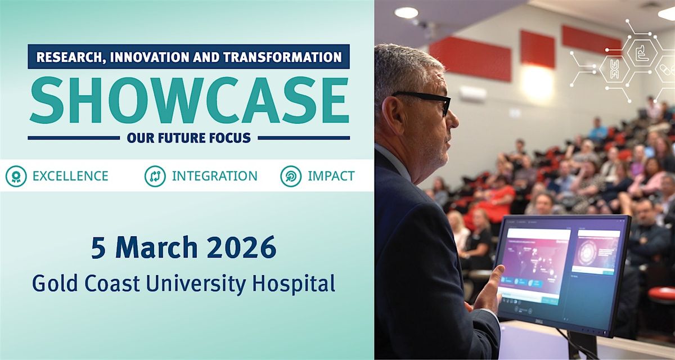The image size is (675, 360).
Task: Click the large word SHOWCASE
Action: click(x=188, y=101)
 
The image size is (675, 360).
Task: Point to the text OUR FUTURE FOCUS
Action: click(x=188, y=137)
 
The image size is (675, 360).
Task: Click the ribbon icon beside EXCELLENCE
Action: click(x=16, y=176)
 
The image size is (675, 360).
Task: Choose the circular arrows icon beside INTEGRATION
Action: click(x=155, y=176)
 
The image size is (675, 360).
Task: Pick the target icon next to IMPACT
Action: click(x=291, y=176)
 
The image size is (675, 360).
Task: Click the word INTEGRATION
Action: click(x=214, y=176)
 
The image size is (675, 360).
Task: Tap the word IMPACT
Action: click(x=331, y=176)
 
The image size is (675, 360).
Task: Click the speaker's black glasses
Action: click(x=427, y=100)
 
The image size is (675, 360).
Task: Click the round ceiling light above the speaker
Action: click(x=406, y=12)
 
